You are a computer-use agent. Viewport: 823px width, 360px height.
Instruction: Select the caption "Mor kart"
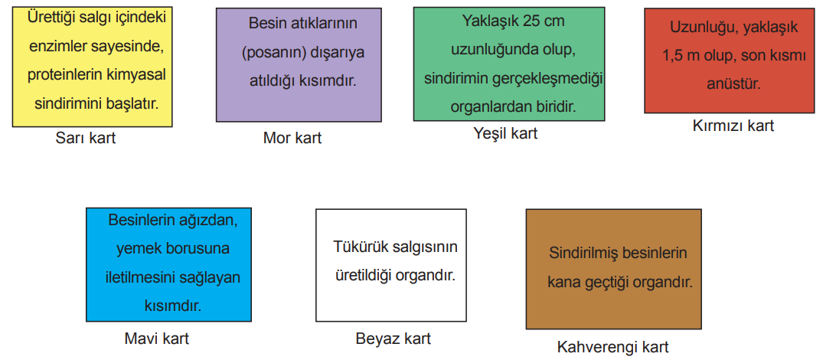[x=292, y=138]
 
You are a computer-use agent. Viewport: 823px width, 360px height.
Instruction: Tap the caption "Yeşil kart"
[x=505, y=134]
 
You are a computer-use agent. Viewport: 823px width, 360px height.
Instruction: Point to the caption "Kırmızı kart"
[x=733, y=126]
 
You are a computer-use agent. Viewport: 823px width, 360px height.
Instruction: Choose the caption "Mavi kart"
[x=156, y=339]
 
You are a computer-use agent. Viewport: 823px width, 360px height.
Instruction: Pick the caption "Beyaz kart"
[x=394, y=339]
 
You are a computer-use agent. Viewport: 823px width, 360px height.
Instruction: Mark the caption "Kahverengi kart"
[x=612, y=347]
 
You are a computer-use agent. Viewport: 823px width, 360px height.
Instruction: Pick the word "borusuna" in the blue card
[x=201, y=249]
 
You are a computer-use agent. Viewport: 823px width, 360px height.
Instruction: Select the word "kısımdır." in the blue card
[x=173, y=306]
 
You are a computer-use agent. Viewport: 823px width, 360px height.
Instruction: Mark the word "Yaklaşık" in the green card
[x=491, y=21]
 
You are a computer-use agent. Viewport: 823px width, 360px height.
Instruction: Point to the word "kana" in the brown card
[x=562, y=283]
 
